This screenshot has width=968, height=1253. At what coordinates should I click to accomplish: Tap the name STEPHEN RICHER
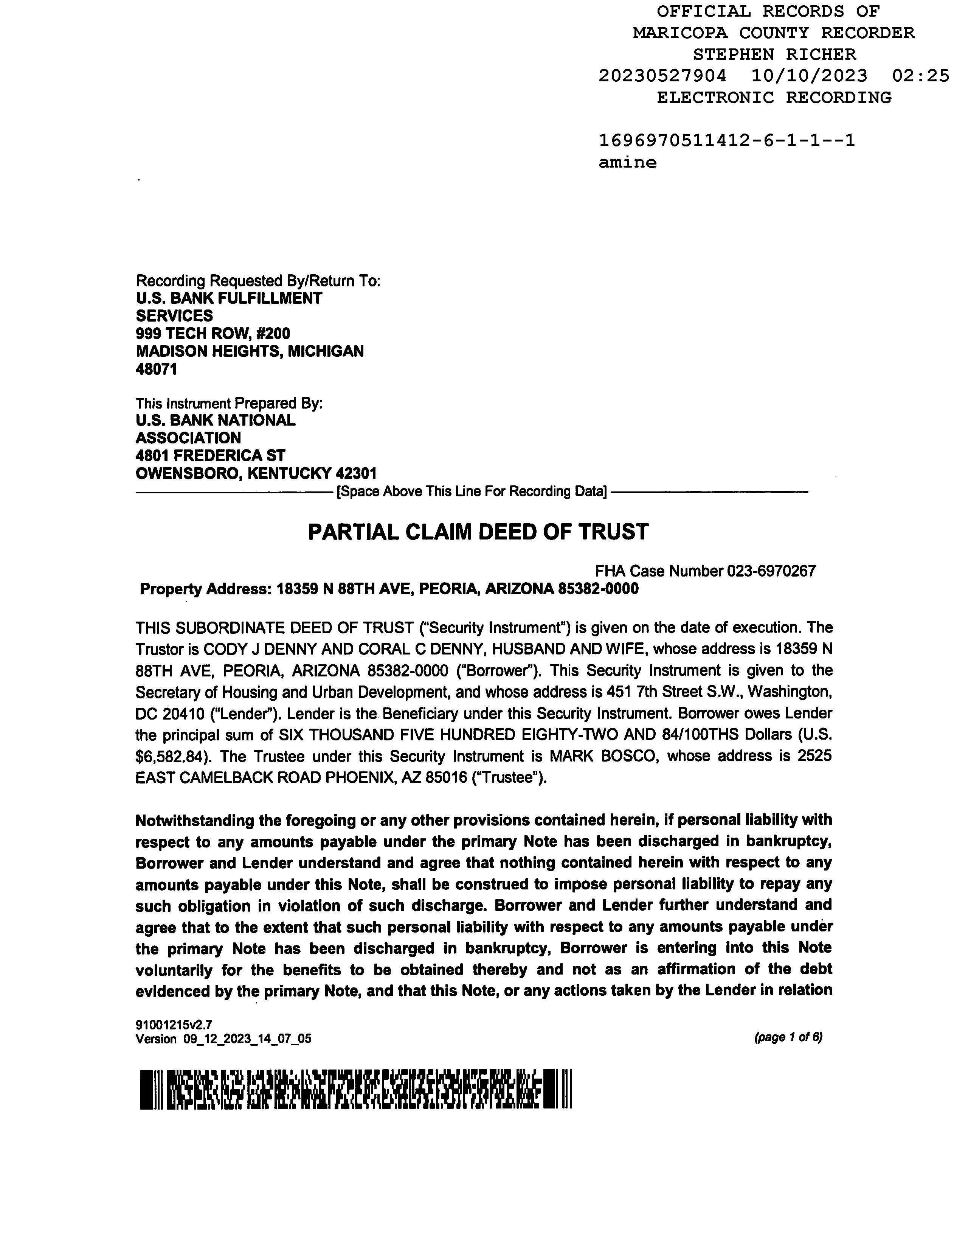[774, 54]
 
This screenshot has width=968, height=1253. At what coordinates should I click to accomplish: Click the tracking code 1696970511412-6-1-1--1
[727, 141]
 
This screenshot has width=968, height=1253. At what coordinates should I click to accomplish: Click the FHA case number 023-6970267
[771, 571]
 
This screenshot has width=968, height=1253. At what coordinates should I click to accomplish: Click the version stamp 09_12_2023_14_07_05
[247, 1038]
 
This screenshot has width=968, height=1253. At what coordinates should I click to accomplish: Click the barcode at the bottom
[355, 1089]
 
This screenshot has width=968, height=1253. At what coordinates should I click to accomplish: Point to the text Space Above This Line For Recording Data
[472, 492]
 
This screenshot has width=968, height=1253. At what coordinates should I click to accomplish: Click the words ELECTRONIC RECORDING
[774, 98]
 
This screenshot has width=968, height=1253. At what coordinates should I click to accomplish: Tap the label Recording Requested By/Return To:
[258, 281]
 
